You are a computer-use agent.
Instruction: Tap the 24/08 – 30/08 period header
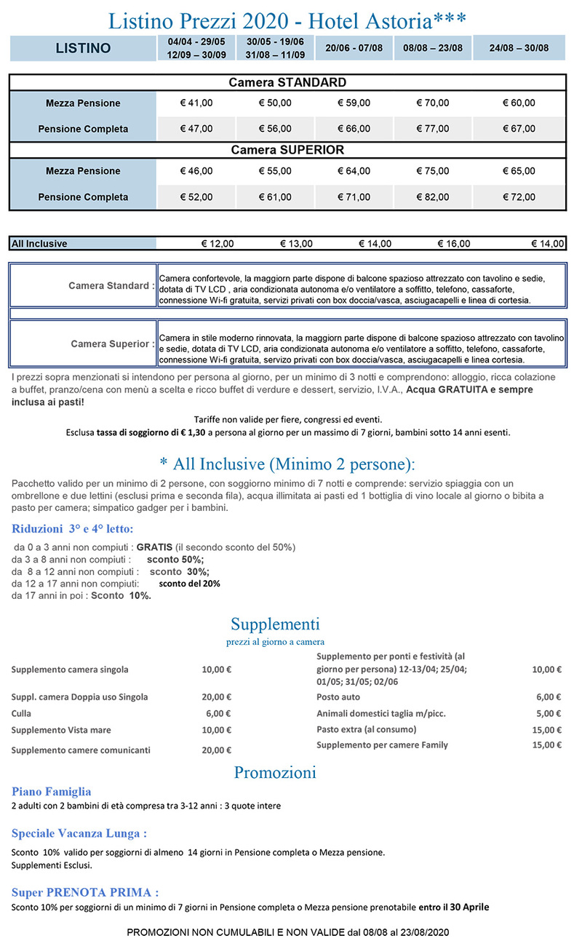(x=519, y=49)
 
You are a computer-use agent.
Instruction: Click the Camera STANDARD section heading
(x=287, y=82)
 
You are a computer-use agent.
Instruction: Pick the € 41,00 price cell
(x=196, y=103)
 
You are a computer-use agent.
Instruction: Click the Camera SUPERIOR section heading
(x=287, y=150)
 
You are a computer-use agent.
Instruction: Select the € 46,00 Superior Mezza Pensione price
(x=196, y=171)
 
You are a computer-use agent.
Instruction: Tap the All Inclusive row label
(x=39, y=244)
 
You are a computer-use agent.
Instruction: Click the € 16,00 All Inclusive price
(x=454, y=244)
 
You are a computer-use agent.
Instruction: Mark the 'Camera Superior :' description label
(x=112, y=344)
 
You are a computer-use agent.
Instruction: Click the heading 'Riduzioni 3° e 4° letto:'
(x=73, y=528)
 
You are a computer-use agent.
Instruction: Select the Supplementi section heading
(x=275, y=624)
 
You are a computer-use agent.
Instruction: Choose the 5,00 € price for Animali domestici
(x=549, y=713)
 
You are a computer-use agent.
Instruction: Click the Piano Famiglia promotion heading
(x=51, y=791)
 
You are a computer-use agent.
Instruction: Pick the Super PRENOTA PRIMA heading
(x=85, y=892)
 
